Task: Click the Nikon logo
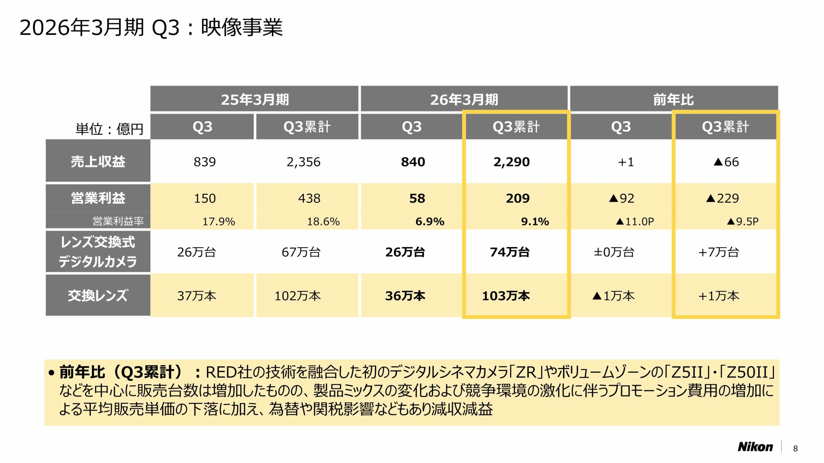pos(755,447)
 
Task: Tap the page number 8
pos(795,449)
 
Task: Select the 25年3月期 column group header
pos(255,99)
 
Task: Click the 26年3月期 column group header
pos(464,99)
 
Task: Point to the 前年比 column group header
pos(673,99)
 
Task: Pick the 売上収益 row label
pos(98,161)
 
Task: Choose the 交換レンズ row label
pos(98,295)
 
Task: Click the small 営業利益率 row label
pos(118,221)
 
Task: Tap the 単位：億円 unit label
pos(109,129)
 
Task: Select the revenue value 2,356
pos(304,162)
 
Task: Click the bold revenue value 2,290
pos(511,162)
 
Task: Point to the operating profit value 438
pos(309,198)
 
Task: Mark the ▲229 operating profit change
pos(722,198)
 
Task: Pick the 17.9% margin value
pos(219,222)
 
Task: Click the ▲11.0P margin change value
pos(635,222)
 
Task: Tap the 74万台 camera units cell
pos(510,252)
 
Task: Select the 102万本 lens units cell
pos(297,296)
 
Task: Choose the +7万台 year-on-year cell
pos(718,252)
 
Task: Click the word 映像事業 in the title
pos(242,27)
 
